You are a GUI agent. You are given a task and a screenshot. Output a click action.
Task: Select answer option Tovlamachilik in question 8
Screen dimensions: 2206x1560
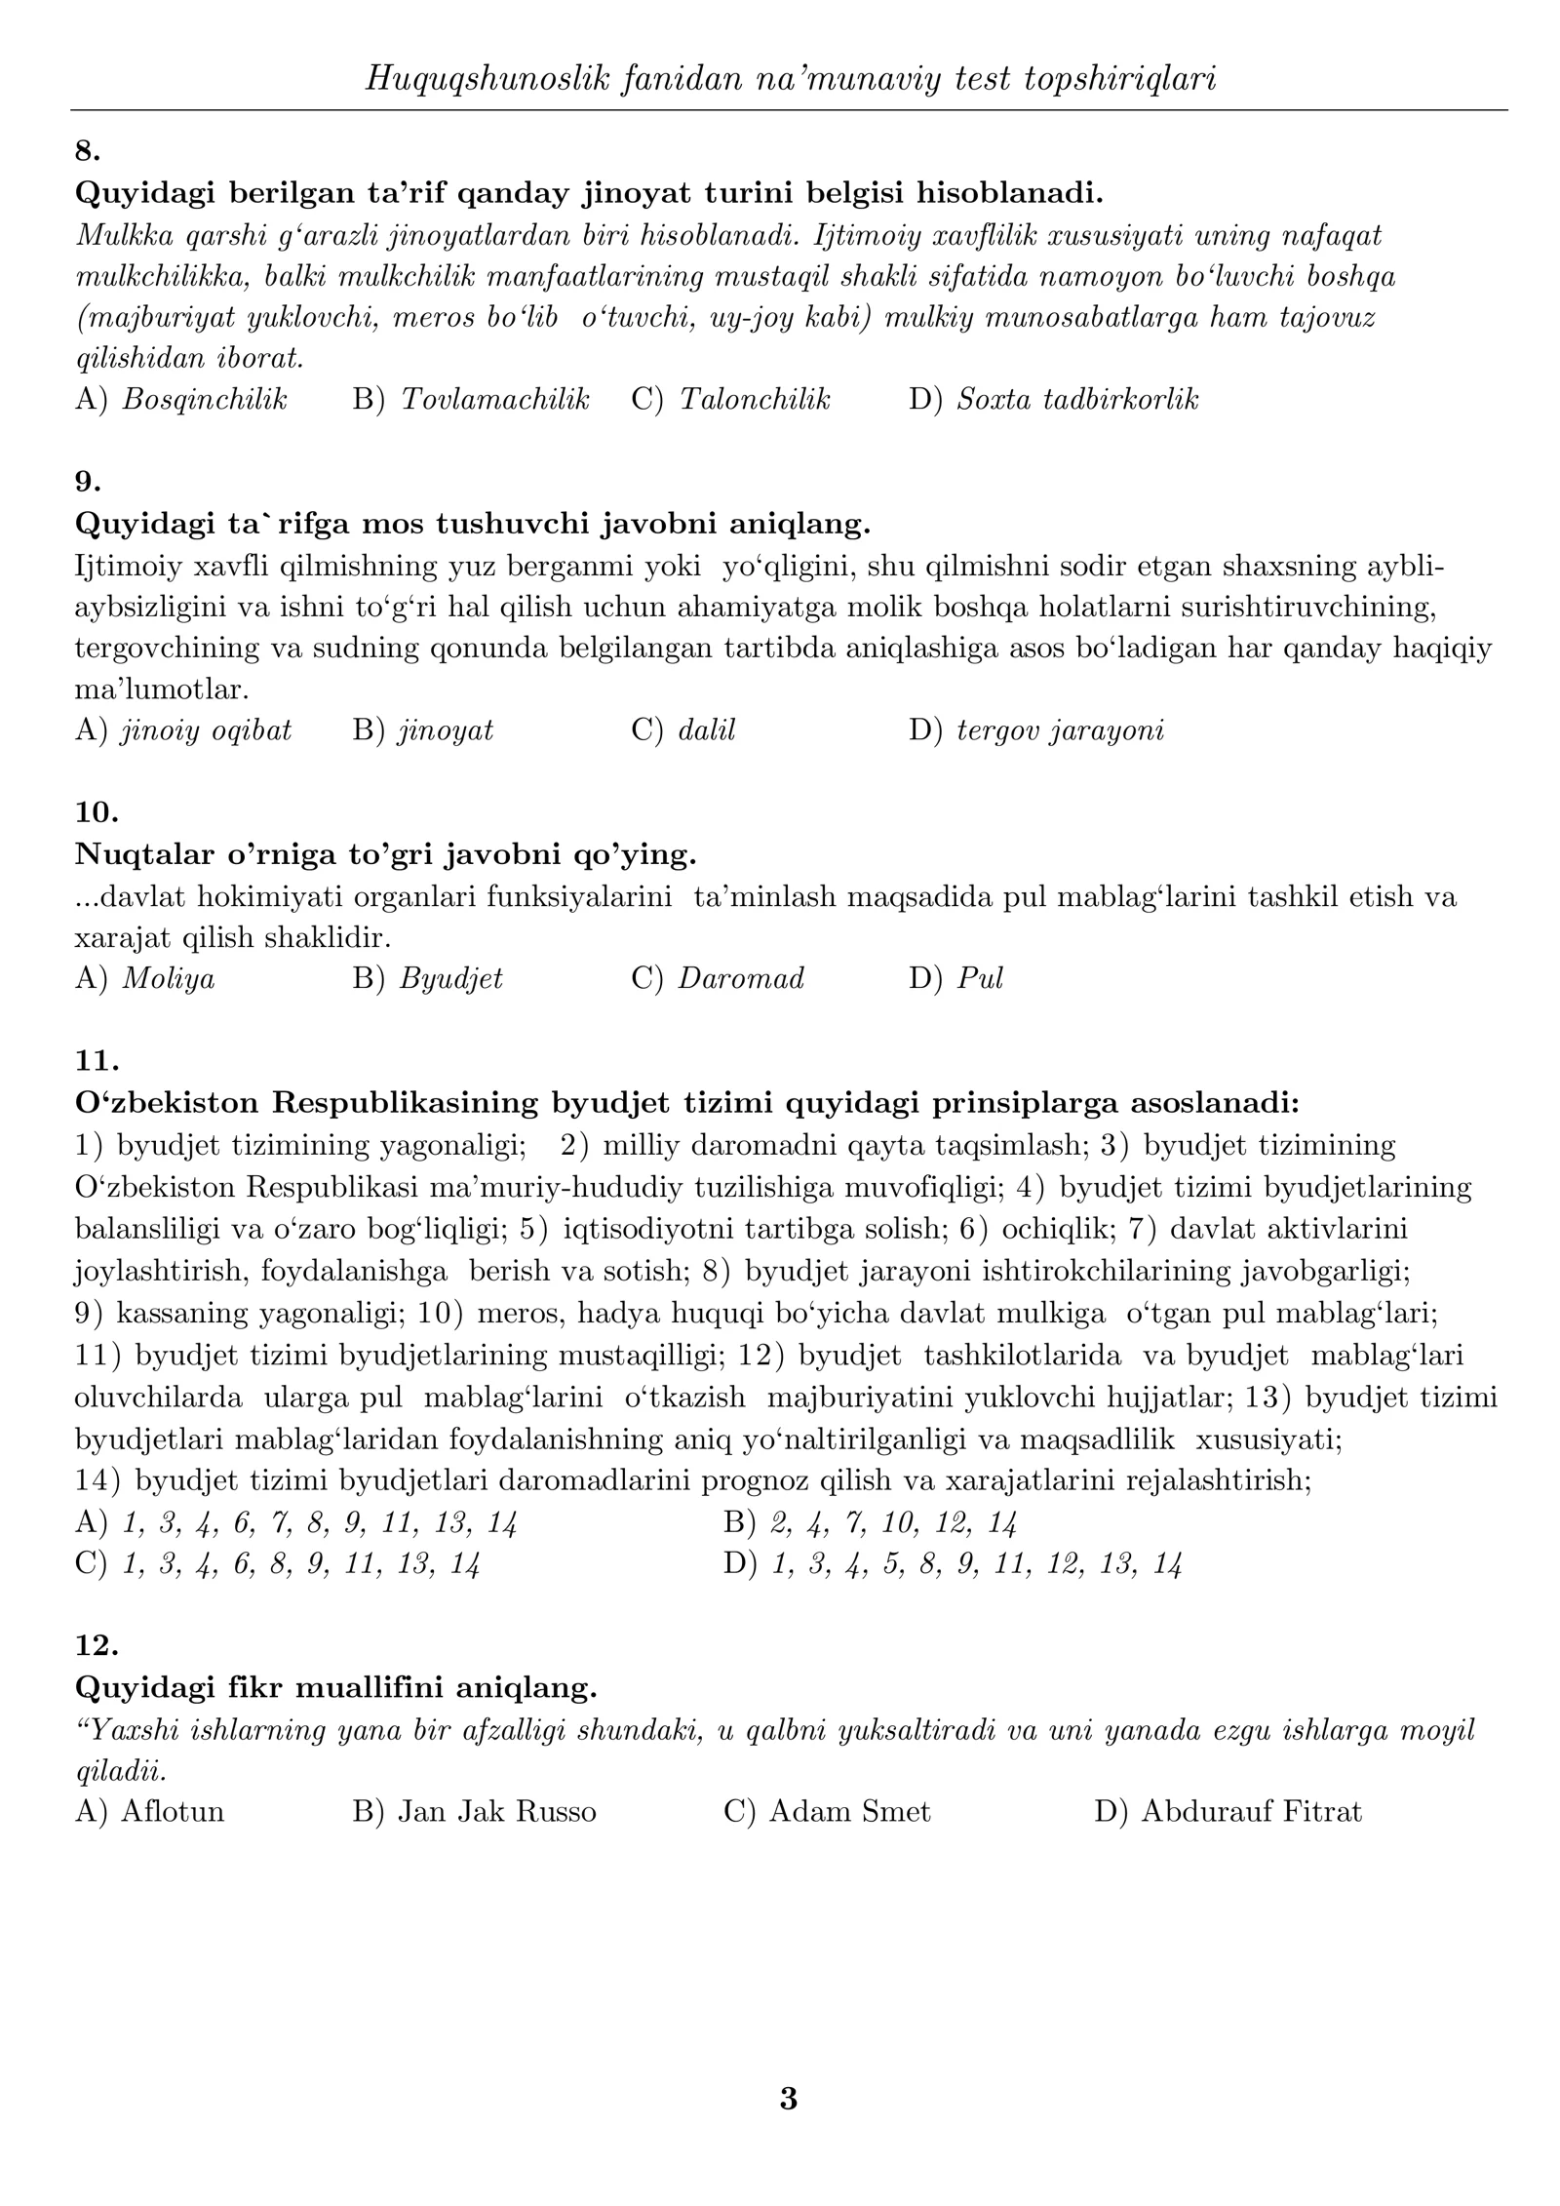pyautogui.click(x=494, y=399)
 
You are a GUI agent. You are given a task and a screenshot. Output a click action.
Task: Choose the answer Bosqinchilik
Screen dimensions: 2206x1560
pyautogui.click(x=204, y=399)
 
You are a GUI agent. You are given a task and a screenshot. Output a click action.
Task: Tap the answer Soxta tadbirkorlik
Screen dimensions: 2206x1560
pyautogui.click(x=1076, y=399)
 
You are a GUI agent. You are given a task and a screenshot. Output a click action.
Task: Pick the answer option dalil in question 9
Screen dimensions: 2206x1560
pyautogui.click(x=706, y=730)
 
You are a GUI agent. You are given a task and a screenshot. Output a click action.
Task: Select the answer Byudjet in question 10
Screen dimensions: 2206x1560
pyautogui.click(x=450, y=978)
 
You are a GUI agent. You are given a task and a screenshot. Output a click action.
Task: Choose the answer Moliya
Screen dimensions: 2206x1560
pyautogui.click(x=168, y=978)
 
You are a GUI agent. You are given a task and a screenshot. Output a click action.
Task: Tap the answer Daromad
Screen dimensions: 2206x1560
pyautogui.click(x=741, y=978)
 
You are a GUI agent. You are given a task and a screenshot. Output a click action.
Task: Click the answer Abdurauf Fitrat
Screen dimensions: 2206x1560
pyautogui.click(x=1251, y=1811)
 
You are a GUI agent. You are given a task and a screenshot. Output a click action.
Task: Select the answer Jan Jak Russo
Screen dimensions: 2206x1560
pyautogui.click(x=496, y=1811)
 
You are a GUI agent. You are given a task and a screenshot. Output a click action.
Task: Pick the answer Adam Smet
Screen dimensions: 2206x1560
pyautogui.click(x=849, y=1811)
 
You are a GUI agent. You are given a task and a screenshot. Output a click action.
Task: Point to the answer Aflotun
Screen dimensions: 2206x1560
pyautogui.click(x=172, y=1811)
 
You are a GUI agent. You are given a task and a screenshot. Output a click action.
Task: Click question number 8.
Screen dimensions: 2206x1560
pyautogui.click(x=88, y=151)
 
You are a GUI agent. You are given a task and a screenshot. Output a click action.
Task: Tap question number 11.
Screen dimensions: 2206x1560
pyautogui.click(x=97, y=1060)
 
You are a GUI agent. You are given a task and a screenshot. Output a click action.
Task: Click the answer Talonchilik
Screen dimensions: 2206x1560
pyautogui.click(x=755, y=399)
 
